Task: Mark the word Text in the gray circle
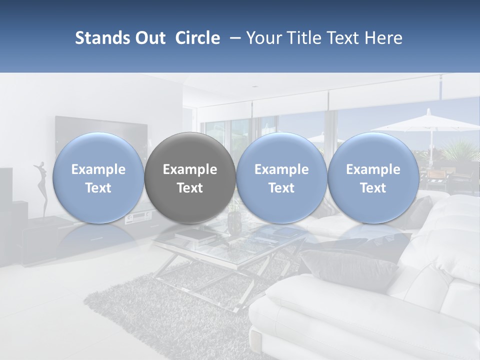click(190, 188)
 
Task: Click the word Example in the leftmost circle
click(98, 169)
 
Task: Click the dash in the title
click(233, 38)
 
